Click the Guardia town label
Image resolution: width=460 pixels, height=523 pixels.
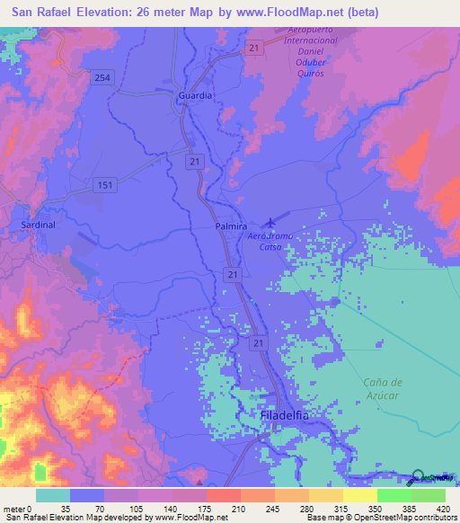click(x=196, y=94)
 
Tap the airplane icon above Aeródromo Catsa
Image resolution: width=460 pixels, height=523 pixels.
click(x=270, y=222)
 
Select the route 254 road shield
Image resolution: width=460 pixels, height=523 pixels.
click(x=102, y=79)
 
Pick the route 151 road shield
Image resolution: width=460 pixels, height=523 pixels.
click(x=104, y=184)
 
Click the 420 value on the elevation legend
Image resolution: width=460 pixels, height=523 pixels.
click(x=443, y=509)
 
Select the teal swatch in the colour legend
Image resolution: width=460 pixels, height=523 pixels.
click(x=53, y=495)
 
